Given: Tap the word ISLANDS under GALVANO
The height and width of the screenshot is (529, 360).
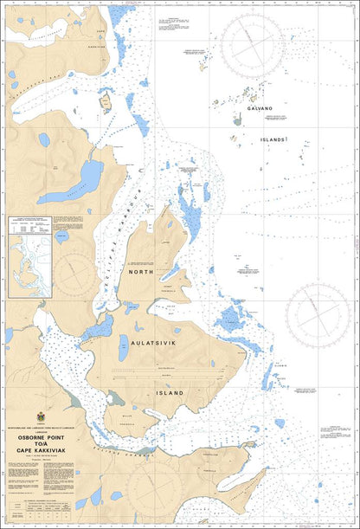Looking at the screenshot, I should click(x=274, y=139).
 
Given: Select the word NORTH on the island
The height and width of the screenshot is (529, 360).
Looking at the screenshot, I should click(x=140, y=272).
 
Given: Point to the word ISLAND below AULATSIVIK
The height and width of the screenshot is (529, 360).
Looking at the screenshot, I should click(x=170, y=392).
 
